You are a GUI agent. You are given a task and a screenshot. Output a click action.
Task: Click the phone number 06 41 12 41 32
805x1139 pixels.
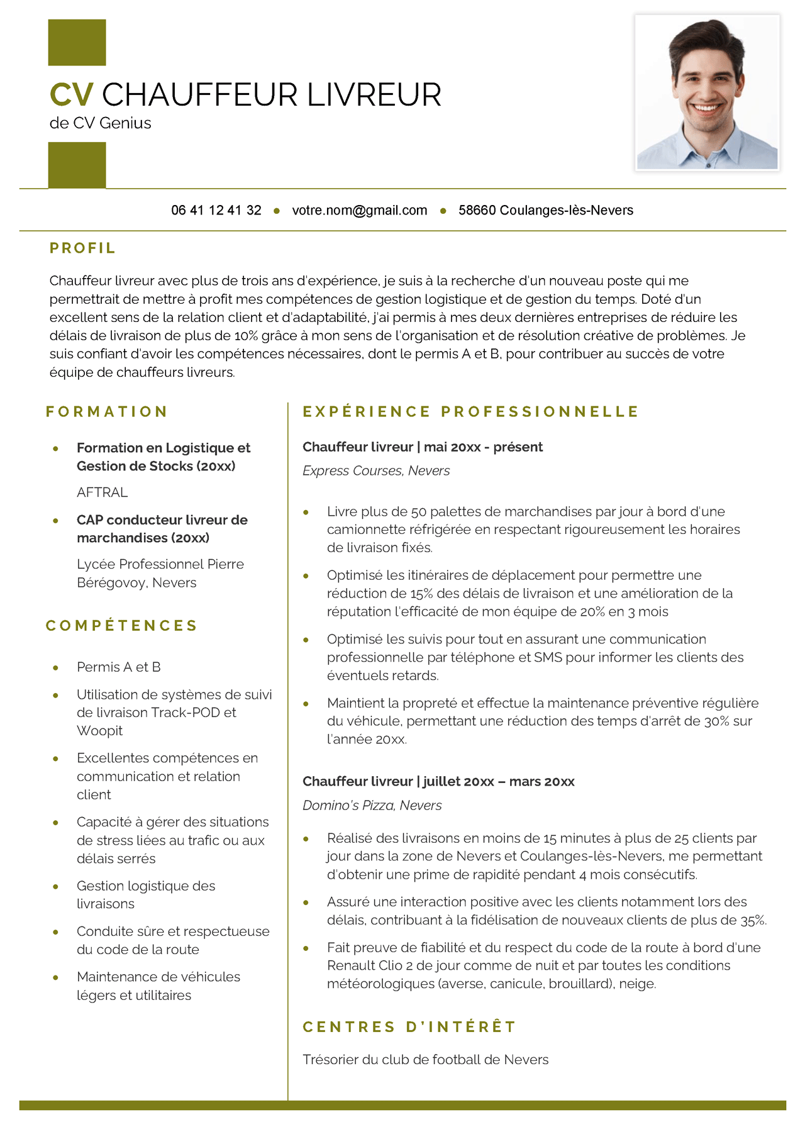click(216, 210)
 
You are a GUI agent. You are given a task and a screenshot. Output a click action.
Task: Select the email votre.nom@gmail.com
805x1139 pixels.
click(359, 210)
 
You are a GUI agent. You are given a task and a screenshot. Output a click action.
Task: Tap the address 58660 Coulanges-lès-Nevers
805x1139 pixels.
click(545, 210)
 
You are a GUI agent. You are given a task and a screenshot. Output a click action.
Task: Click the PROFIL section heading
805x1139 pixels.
click(82, 248)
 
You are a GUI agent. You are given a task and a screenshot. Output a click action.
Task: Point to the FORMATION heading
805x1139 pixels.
click(106, 412)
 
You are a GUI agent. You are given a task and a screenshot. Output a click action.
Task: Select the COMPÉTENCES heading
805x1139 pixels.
click(121, 626)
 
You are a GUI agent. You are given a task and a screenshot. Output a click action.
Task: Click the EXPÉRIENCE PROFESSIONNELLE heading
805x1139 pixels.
click(470, 412)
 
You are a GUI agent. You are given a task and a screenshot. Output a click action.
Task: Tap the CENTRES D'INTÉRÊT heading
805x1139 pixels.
click(409, 1027)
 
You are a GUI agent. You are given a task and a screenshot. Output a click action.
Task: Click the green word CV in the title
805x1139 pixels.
click(71, 95)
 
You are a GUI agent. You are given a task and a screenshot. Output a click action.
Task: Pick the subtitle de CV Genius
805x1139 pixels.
click(100, 123)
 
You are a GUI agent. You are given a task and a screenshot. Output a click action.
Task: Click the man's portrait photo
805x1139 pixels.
click(707, 93)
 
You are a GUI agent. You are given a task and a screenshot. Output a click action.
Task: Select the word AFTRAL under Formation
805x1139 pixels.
click(102, 492)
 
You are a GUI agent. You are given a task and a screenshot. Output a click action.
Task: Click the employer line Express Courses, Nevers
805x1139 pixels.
click(375, 470)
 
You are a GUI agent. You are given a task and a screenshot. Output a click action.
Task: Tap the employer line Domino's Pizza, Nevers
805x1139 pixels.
click(372, 805)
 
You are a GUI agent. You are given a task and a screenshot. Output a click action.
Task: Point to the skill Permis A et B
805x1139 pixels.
click(118, 667)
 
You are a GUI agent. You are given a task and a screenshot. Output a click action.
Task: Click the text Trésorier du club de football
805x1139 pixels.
click(425, 1060)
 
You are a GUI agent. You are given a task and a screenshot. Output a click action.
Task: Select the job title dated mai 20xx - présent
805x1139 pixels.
click(422, 447)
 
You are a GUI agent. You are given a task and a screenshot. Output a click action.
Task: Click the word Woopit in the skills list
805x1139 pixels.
click(99, 731)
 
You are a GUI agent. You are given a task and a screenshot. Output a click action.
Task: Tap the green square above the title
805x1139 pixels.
click(77, 42)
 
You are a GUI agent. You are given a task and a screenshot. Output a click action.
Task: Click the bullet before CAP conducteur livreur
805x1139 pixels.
click(56, 521)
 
